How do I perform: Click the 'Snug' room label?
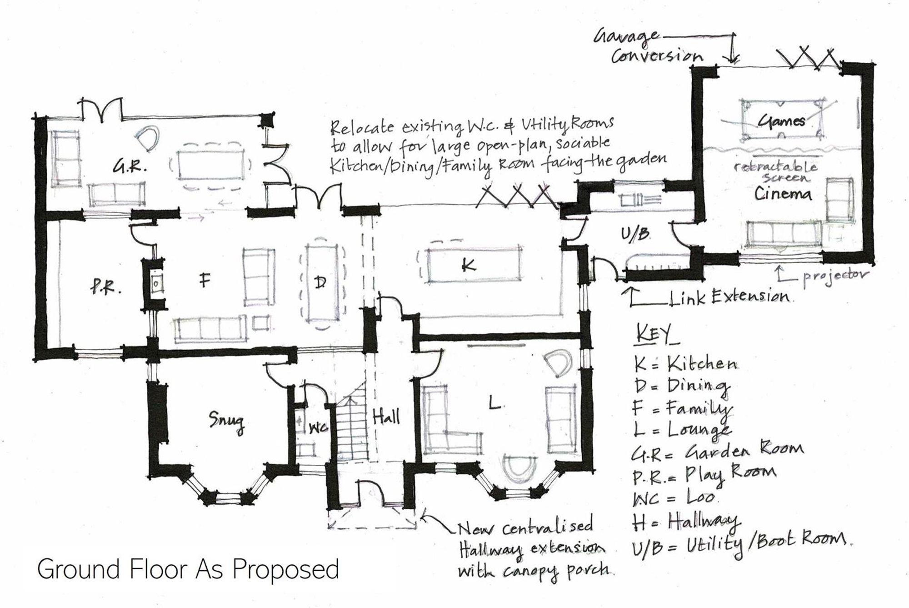[226, 422]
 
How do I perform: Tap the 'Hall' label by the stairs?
[386, 416]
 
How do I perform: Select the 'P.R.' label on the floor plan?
[105, 287]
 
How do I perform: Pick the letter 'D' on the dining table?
[320, 282]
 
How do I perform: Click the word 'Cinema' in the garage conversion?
[783, 194]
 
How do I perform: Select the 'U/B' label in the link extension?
[635, 235]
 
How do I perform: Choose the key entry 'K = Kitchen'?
[685, 363]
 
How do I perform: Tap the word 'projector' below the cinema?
[835, 276]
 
